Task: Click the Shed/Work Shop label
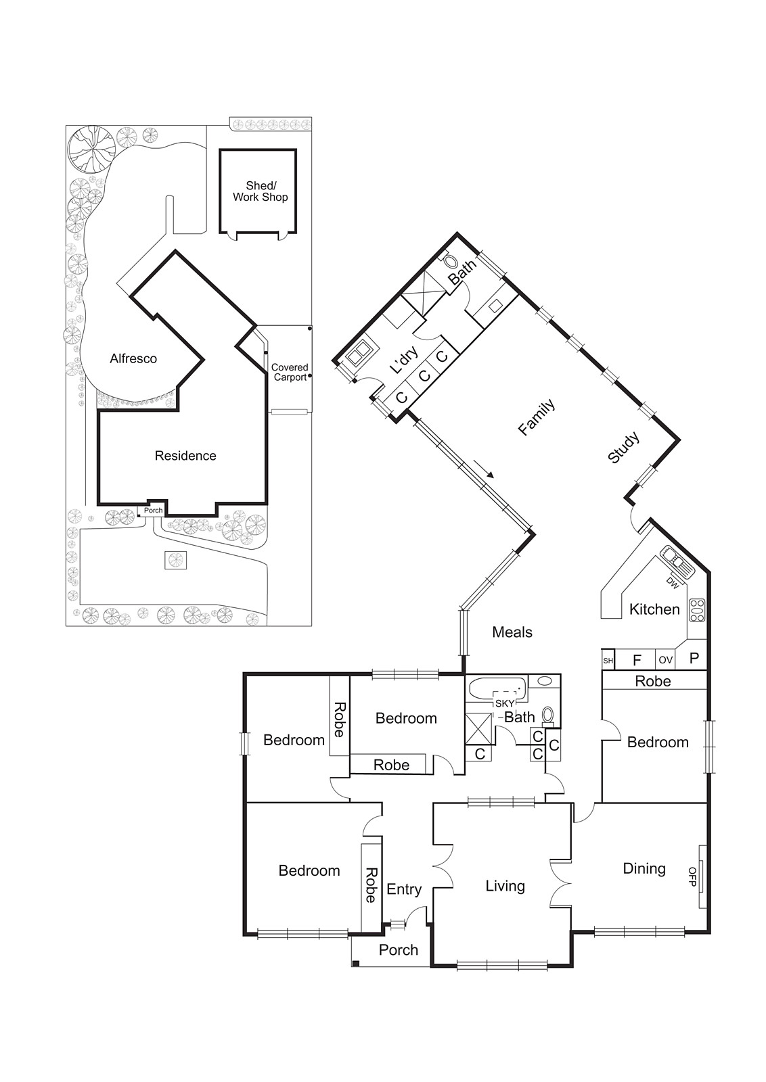coord(261,191)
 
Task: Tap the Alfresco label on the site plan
coord(133,358)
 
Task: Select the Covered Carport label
coord(290,373)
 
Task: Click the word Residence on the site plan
coord(185,456)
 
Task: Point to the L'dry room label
coord(405,360)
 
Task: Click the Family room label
coord(536,417)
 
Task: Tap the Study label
coord(623,448)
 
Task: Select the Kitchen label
coord(654,609)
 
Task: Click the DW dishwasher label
coord(672,582)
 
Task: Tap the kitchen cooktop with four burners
coord(697,611)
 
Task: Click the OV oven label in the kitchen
coord(666,659)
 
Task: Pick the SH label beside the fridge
coord(608,661)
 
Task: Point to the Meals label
coord(512,632)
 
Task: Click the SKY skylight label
coord(505,703)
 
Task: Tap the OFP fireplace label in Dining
coord(692,876)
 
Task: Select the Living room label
coord(505,886)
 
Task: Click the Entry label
coord(404,889)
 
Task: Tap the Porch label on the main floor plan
coord(398,950)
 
